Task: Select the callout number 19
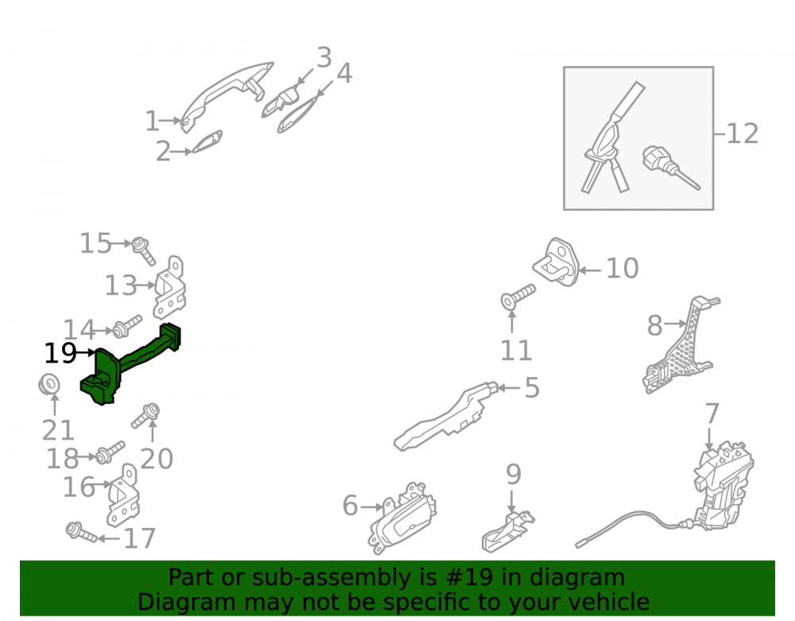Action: pos(60,353)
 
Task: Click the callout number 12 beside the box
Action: pos(743,134)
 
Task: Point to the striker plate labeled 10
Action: pos(556,262)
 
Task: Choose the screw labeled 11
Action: pos(518,297)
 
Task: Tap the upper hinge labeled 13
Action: pos(170,288)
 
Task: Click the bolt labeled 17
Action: pos(81,532)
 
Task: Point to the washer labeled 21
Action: pos(49,384)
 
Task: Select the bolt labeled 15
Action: pos(143,251)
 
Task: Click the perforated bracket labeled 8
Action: pos(682,345)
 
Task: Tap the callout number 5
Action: pos(532,388)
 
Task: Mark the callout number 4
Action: pos(344,73)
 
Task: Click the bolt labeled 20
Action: pos(145,415)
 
